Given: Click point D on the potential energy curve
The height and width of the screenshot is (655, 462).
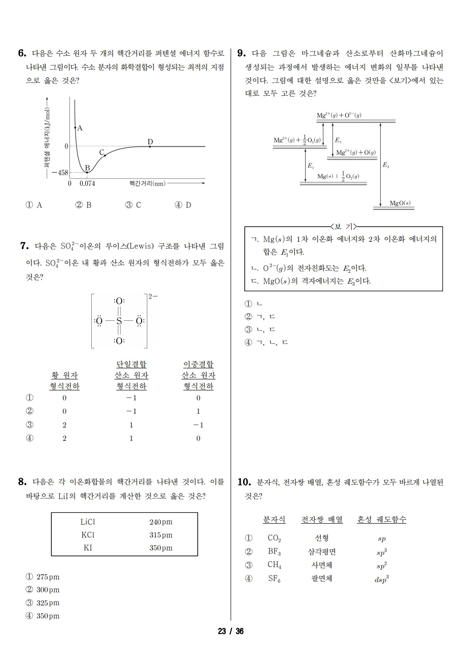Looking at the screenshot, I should [150, 146].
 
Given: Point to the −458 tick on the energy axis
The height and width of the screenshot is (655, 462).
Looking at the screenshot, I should [60, 172].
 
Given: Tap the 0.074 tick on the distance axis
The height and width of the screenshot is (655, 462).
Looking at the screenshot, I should [87, 183].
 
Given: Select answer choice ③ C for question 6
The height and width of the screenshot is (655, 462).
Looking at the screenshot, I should [133, 205].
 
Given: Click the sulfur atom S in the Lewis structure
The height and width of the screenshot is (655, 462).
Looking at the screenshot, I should [119, 321].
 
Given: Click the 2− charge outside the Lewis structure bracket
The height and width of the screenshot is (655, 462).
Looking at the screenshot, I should [153, 296].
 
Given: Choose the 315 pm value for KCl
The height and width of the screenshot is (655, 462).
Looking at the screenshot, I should [161, 535].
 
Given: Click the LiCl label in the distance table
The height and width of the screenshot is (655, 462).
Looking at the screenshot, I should [88, 522].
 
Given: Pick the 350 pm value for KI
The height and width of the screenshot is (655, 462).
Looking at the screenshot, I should [161, 548].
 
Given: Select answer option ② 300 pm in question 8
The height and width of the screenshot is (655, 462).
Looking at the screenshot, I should [43, 590].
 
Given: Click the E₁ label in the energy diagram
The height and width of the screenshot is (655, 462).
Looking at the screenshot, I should [310, 166].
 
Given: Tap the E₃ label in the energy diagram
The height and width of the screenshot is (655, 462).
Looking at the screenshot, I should [385, 165].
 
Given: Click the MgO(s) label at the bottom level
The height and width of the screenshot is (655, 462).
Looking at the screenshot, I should [400, 203].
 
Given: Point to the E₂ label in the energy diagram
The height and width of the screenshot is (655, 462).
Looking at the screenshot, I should [338, 140].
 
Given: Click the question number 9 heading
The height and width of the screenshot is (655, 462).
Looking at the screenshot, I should [241, 53].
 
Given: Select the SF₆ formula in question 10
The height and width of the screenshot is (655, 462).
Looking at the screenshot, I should [274, 579].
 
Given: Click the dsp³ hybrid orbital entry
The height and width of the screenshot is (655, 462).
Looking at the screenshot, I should [381, 579].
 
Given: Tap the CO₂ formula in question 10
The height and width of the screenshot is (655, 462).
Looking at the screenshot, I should [274, 538].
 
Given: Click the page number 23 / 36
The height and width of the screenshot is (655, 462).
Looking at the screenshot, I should [231, 631].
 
